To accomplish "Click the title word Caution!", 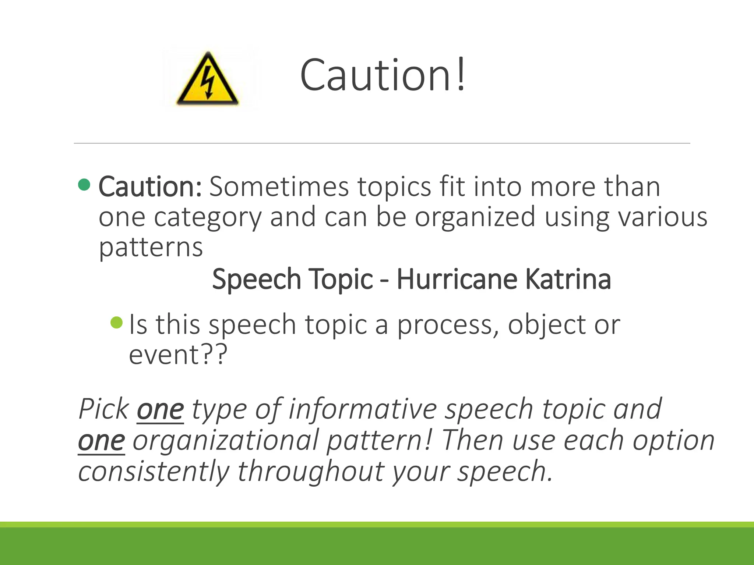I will pos(383,75).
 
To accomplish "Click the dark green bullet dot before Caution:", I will pos(84,185).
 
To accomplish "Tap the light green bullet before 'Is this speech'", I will pos(116,323).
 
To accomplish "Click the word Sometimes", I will pos(279,187).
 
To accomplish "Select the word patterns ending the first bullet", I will pos(151,247).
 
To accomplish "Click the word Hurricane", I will pos(457,280).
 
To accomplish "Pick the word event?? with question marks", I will pos(178,355).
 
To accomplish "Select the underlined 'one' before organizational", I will pos(102,441).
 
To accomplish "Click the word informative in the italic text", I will pos(363,409).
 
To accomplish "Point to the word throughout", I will pos(310,472).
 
